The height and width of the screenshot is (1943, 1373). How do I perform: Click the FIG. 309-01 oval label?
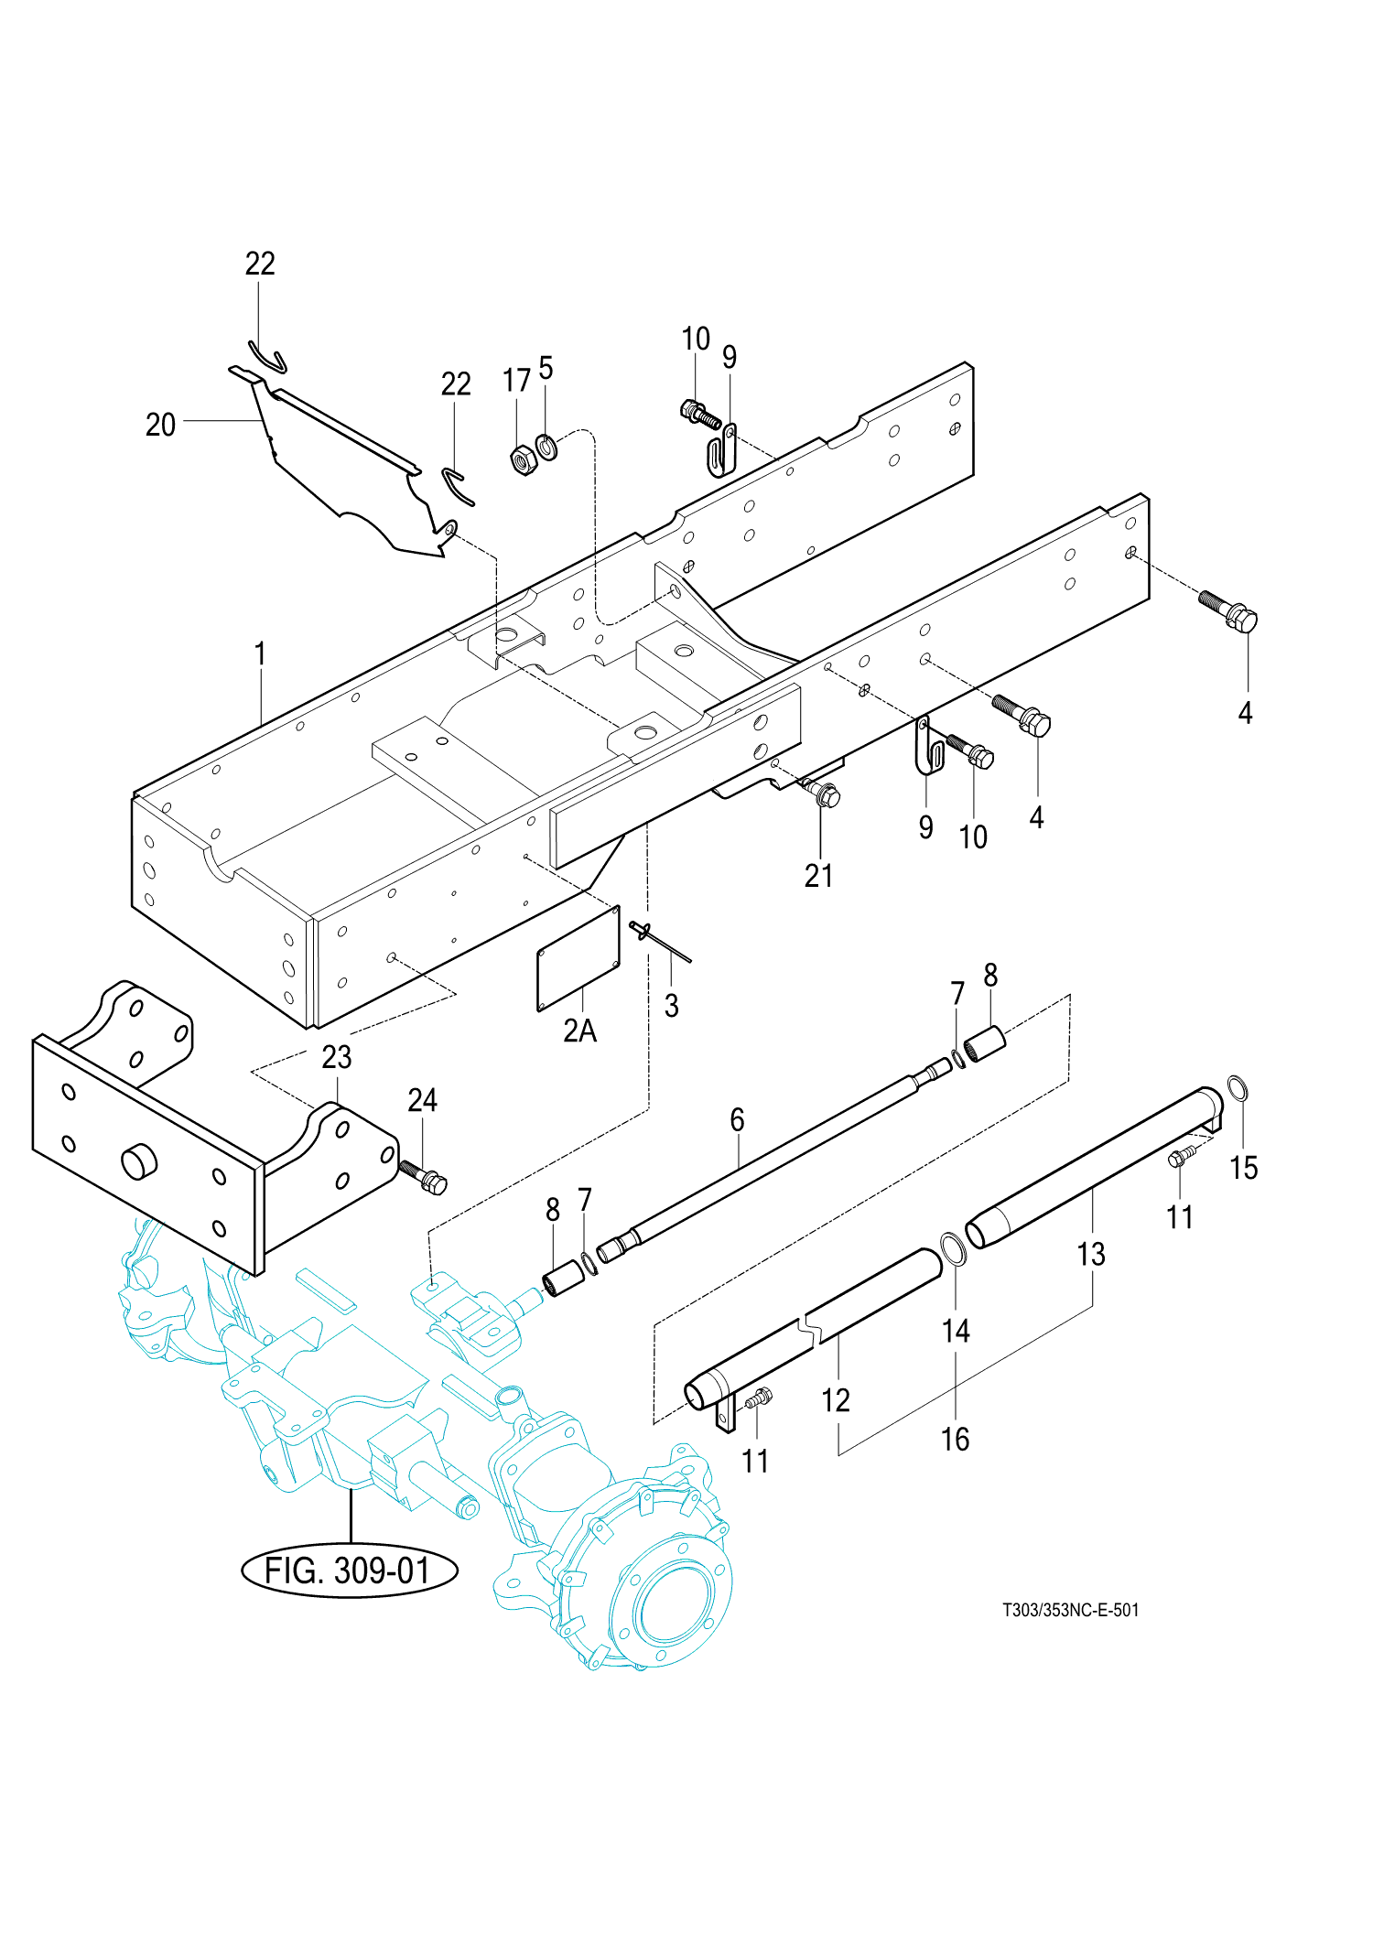(x=349, y=1571)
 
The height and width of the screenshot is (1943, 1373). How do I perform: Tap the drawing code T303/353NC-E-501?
(x=1070, y=1610)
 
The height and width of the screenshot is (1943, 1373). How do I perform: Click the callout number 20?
(x=160, y=425)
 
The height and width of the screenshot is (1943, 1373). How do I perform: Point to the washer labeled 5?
(x=546, y=448)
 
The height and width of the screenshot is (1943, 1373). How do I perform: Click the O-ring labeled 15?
(x=1237, y=1090)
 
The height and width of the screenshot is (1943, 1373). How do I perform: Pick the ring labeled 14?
(x=953, y=1248)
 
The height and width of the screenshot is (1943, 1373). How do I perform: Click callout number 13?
(x=1091, y=1254)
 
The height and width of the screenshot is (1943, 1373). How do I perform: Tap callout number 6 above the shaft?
(x=737, y=1119)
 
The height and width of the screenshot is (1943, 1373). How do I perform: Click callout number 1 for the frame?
(x=260, y=654)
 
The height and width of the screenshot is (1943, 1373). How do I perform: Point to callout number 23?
(x=336, y=1057)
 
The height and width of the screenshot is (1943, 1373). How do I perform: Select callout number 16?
(x=955, y=1439)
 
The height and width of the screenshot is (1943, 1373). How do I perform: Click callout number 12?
(x=835, y=1400)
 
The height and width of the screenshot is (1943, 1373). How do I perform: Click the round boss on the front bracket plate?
(x=139, y=1161)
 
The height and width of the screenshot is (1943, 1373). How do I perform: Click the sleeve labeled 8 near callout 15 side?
(x=985, y=1044)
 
